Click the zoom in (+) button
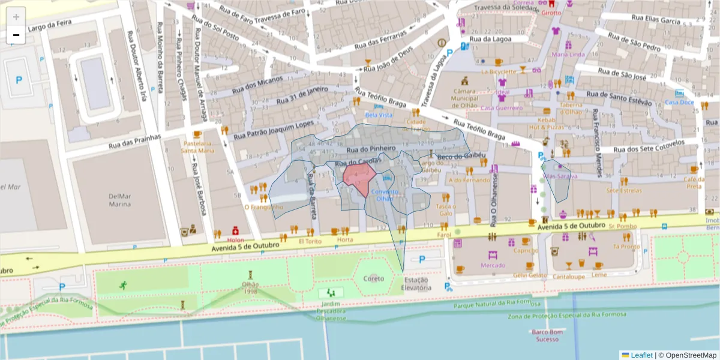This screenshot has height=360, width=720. (x=16, y=17)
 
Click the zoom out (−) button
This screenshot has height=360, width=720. (x=16, y=35)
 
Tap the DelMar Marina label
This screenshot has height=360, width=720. (x=119, y=200)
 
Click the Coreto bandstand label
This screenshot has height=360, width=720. (x=373, y=278)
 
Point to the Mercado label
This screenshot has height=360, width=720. (x=493, y=265)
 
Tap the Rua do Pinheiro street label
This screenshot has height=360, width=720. (x=370, y=148)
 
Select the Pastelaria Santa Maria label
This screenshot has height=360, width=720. (x=197, y=147)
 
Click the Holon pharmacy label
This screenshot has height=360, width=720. (x=236, y=241)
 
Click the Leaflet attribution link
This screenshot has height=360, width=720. (x=641, y=355)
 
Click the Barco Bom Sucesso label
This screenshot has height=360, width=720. (x=547, y=335)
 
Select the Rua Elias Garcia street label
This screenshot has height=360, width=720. (x=655, y=20)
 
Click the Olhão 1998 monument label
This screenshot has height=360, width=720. (x=250, y=288)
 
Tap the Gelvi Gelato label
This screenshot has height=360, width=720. (x=530, y=275)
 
